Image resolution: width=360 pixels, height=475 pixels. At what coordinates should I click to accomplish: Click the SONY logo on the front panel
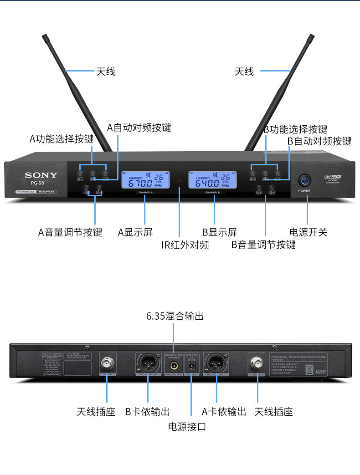point(41,175)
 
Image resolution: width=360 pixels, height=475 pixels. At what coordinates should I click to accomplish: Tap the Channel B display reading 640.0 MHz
point(213,180)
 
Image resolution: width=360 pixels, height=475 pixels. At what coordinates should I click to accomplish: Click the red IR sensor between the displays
point(179,181)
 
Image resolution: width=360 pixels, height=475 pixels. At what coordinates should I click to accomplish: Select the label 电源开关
point(308,232)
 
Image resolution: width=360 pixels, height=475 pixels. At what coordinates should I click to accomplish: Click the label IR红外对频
point(185,245)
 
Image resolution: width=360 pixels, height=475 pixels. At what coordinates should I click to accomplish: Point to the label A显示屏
point(135,233)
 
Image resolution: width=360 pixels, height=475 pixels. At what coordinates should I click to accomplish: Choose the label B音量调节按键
point(263,245)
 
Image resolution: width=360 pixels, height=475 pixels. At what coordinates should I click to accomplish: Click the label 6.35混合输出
point(175,316)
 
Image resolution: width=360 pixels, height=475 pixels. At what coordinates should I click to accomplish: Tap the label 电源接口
point(187,427)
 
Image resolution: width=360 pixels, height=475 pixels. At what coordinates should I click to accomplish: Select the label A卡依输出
point(224,412)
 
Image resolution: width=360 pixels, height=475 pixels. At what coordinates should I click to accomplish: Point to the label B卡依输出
point(147,412)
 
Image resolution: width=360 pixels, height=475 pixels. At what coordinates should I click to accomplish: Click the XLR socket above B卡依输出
point(148,363)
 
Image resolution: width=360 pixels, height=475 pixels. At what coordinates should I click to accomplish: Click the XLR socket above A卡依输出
point(216,363)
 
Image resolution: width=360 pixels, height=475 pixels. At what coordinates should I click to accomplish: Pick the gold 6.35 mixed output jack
point(174,365)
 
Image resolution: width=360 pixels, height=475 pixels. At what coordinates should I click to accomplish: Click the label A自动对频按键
point(139,128)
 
